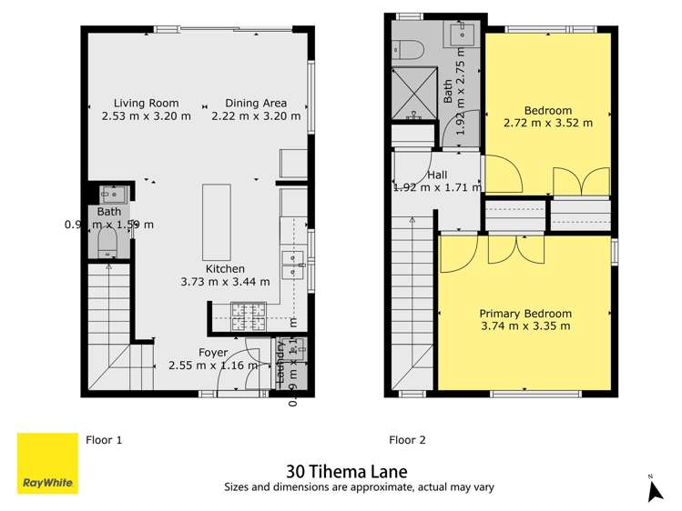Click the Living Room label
[147, 104]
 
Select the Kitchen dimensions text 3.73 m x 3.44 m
[225, 282]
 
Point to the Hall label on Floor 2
[437, 175]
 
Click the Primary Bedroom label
[525, 313]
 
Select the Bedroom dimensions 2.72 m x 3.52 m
[547, 123]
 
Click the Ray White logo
[47, 464]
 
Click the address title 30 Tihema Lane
[346, 471]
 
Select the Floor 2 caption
[407, 440]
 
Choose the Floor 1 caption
[104, 440]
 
